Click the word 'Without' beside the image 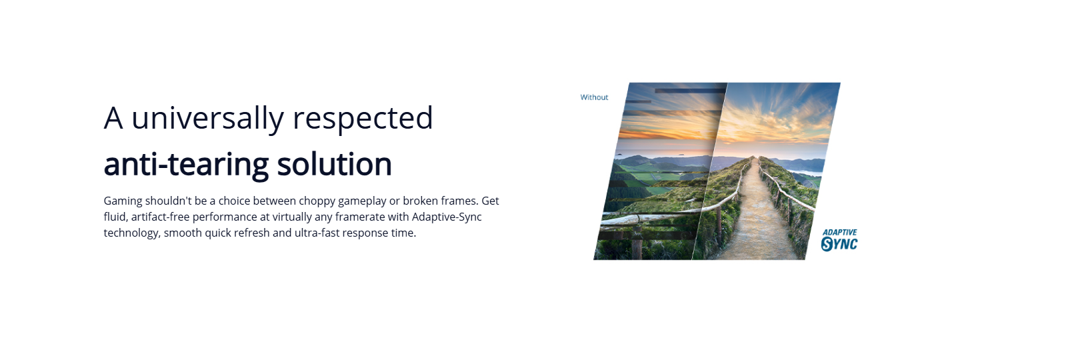point(594,97)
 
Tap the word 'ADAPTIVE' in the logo point(839,233)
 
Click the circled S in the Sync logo point(827,245)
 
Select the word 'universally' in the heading point(207,119)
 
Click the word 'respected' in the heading point(363,119)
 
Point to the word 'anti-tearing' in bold point(186,164)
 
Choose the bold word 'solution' point(334,164)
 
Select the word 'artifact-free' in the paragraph point(160,217)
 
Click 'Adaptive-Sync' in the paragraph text point(447,217)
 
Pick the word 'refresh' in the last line point(252,233)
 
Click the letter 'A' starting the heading point(113,119)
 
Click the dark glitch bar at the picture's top point(691,91)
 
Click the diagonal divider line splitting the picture point(709,171)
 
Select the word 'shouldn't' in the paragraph point(169,201)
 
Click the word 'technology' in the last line point(132,233)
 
